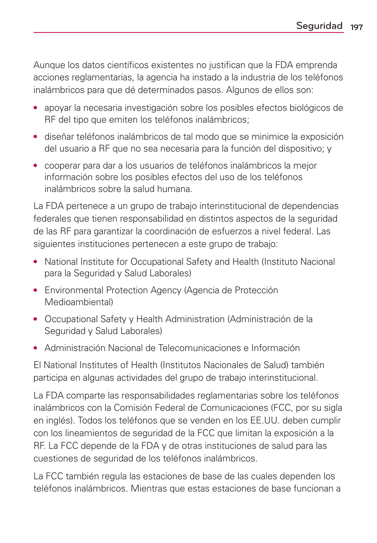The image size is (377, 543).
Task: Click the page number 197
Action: pos(356,27)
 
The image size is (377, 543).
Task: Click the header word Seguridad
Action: pos(319,26)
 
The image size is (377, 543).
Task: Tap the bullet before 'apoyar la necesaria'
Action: pos(36,108)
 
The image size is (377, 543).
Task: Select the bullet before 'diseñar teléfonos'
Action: pos(36,137)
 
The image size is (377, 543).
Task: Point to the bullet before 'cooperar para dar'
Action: pos(36,165)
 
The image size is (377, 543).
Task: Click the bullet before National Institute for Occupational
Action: pos(36,262)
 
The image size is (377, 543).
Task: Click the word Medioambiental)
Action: pos(79,302)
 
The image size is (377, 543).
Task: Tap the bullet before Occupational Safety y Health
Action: pos(36,319)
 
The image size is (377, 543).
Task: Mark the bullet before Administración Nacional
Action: pos(36,348)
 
